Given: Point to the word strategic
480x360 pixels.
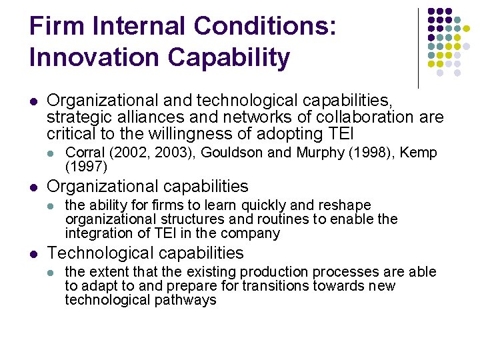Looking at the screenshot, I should click(x=74, y=117).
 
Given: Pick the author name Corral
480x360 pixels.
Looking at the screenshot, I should click(x=85, y=153).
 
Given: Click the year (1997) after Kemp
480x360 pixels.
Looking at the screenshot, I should click(x=86, y=166).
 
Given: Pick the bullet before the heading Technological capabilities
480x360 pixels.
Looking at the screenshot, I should click(x=33, y=253).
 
